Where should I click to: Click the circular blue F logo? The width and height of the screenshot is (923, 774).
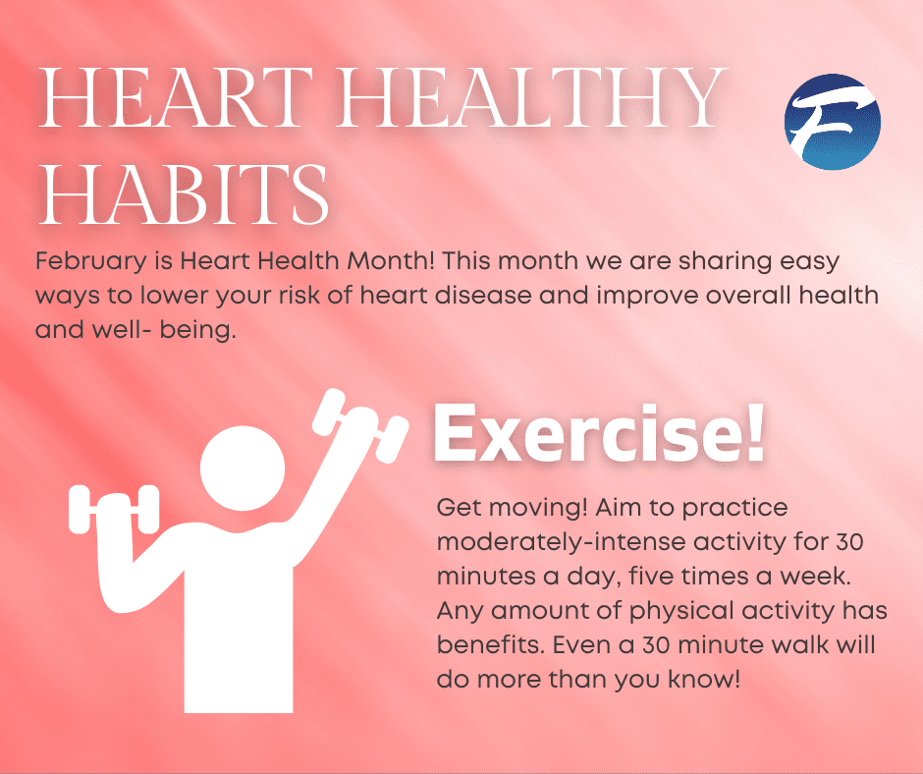point(833,122)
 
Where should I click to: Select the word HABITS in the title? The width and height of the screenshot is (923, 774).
point(183,193)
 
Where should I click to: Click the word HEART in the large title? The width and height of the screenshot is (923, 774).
point(175,98)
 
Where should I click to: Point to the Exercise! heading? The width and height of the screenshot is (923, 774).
point(599,433)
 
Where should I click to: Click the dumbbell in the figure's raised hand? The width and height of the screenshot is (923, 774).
point(360,425)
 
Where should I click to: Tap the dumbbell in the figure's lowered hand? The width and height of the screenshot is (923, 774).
point(114,510)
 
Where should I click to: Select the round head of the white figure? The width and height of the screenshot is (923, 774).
point(243,469)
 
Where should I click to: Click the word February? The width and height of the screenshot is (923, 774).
point(91,261)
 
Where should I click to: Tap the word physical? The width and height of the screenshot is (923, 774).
point(681,611)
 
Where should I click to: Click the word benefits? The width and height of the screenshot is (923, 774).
point(490,645)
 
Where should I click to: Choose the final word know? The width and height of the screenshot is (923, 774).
point(704,679)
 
